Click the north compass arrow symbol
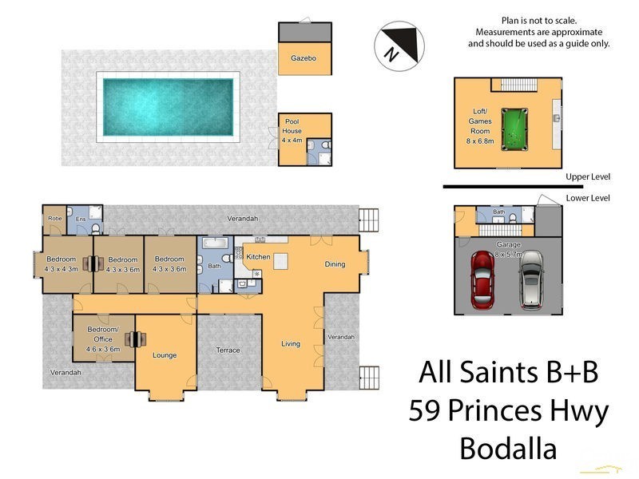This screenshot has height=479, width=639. [396, 45]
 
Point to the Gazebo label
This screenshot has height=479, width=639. [304, 58]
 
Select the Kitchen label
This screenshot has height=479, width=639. [258, 257]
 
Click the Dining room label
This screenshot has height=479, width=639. [335, 264]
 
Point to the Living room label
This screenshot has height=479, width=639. [290, 344]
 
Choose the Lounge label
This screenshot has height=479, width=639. [165, 355]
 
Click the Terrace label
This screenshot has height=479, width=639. [228, 350]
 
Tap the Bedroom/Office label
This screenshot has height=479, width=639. [103, 339]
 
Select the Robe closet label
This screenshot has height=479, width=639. [54, 218]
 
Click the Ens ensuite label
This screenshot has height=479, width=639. [80, 218]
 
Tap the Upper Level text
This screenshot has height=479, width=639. [587, 177]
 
